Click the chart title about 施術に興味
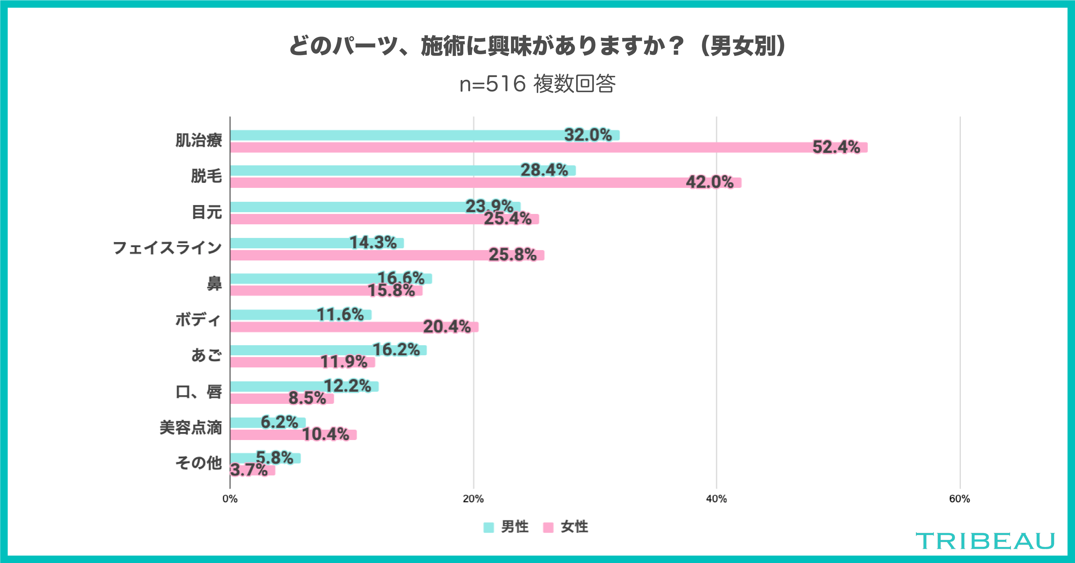(537, 46)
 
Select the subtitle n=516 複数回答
(537, 84)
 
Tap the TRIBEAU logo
(985, 541)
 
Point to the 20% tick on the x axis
(473, 499)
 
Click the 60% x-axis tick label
(959, 499)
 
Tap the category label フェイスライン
(167, 248)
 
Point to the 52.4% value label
(836, 147)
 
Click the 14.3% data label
(373, 242)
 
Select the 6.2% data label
(279, 422)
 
